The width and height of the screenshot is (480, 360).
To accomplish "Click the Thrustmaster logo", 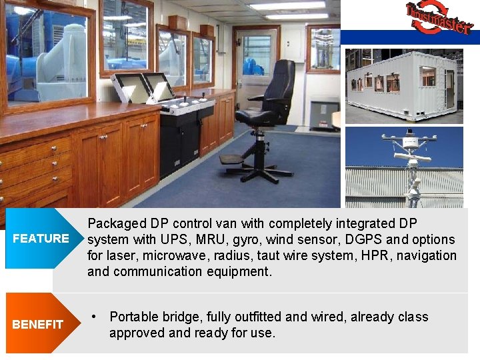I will [439, 18].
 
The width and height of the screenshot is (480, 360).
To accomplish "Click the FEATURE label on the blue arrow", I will [41, 239].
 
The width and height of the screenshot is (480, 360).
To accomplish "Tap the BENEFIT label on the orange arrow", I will [38, 325].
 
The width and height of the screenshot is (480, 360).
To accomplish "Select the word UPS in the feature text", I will [185, 239].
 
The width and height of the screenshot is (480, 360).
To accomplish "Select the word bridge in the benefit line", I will [181, 317].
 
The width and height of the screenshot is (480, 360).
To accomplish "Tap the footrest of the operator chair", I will [232, 160].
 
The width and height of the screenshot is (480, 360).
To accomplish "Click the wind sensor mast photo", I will [404, 167].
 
